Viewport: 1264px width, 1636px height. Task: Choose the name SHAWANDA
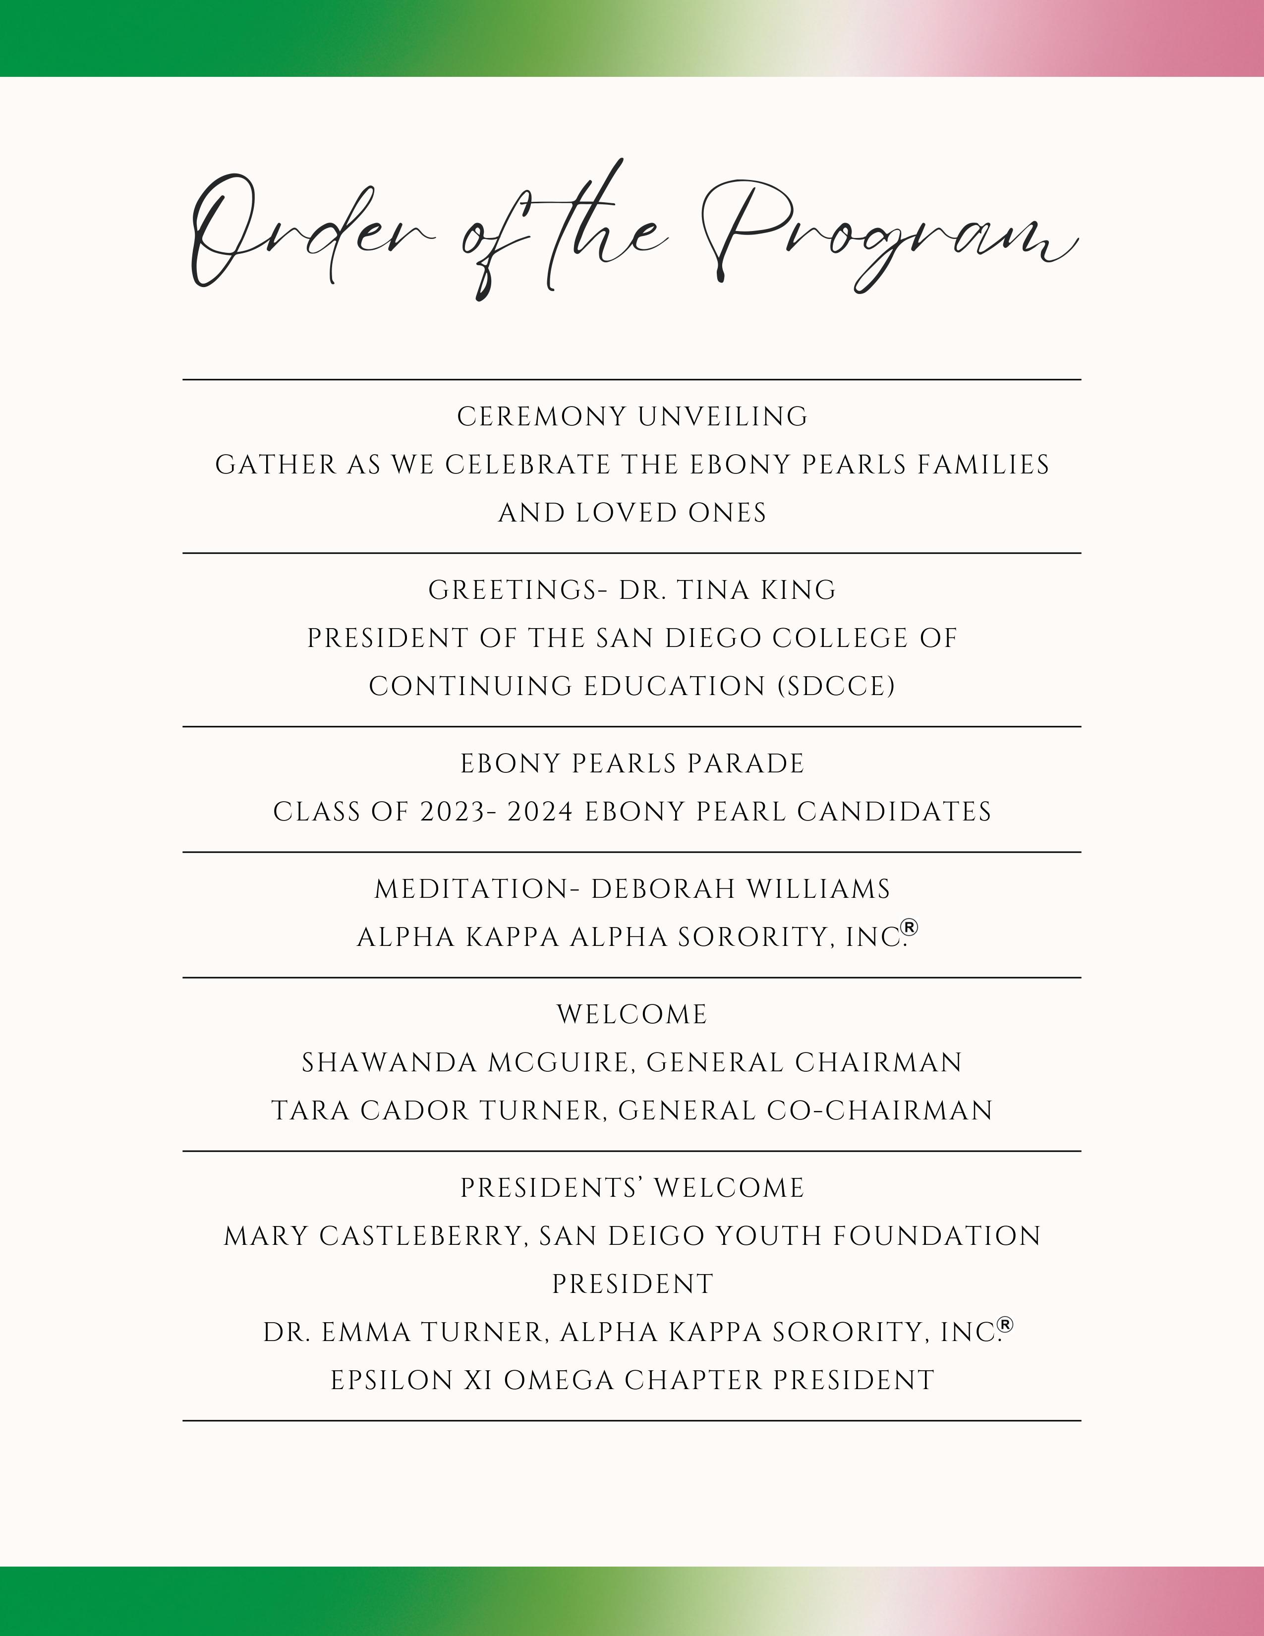click(x=389, y=1063)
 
